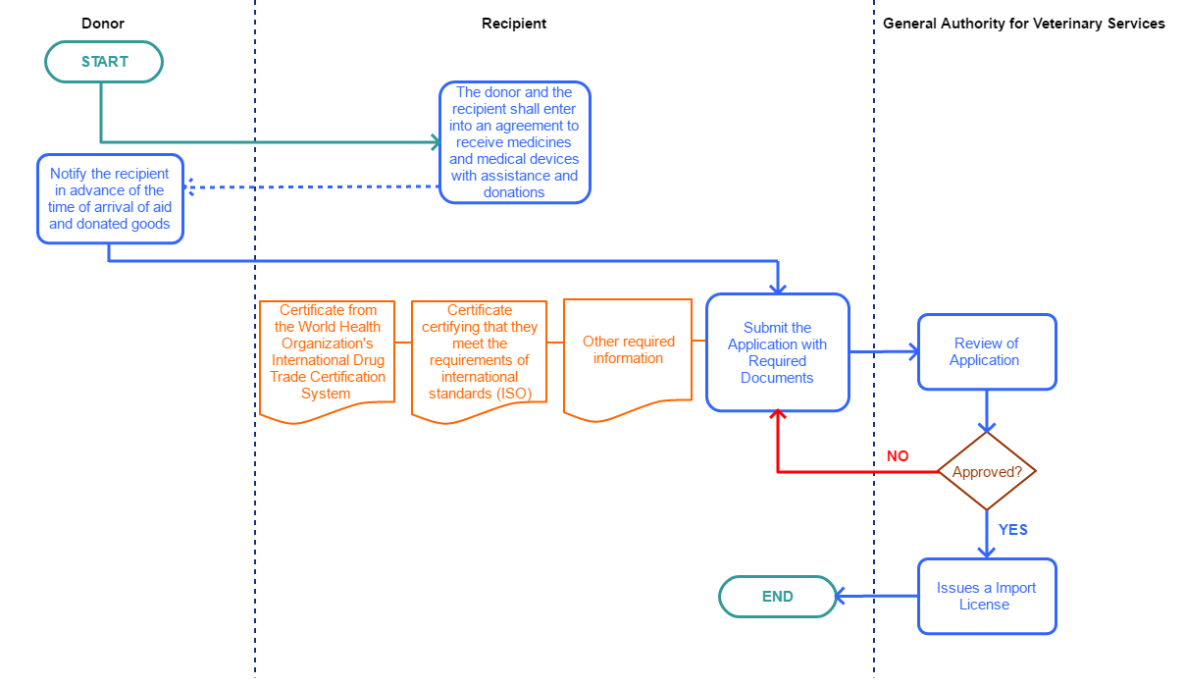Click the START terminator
104,62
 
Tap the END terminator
777,597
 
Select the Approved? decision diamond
987,472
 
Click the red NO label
898,456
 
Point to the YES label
1012,530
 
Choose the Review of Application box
987,352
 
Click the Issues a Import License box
987,597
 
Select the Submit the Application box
778,352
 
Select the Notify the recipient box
110,199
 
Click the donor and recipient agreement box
514,143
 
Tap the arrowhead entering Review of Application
911,350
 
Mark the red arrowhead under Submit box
778,417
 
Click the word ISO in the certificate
512,394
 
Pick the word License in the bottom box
984,605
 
